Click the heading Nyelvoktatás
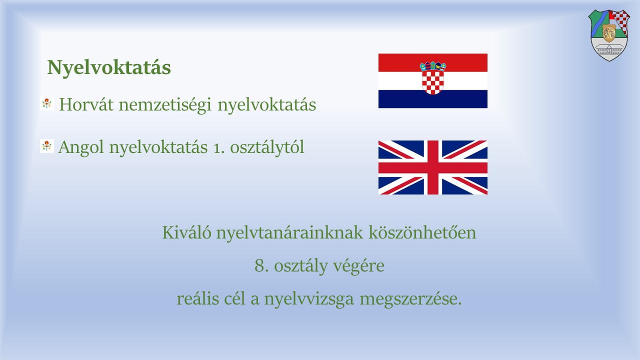(109, 68)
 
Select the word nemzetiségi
(165, 104)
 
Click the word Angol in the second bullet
(81, 147)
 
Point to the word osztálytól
(267, 147)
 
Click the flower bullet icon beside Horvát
(47, 103)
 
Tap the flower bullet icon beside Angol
(47, 146)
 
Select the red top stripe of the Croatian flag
(433, 62)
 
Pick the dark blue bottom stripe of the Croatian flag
(433, 99)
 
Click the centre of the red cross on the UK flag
(433, 167)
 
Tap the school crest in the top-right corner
(609, 35)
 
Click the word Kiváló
(187, 232)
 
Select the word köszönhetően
(422, 232)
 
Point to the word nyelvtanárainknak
(289, 233)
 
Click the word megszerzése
(410, 299)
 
